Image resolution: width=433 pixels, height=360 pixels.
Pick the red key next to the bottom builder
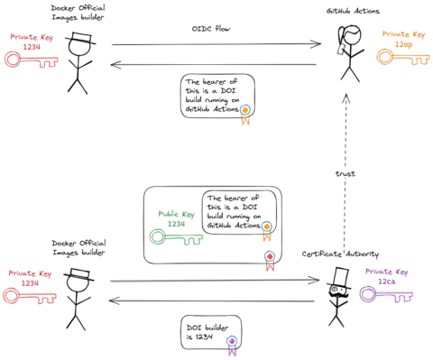(x=24, y=295)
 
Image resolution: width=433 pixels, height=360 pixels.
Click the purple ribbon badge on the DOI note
(x=231, y=342)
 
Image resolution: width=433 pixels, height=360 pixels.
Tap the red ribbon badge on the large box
(x=268, y=260)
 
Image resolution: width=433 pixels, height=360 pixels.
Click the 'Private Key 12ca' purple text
(x=386, y=276)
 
